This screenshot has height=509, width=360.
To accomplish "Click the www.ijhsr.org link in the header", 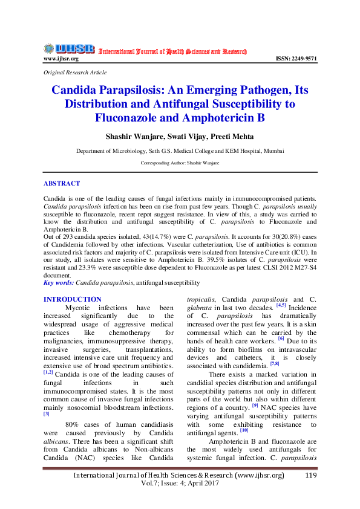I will (x=61, y=59).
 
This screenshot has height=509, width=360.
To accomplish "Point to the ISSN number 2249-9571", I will (x=296, y=59).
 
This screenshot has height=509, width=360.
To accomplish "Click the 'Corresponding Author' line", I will (x=180, y=163).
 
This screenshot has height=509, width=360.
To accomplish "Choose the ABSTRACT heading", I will (x=61, y=183).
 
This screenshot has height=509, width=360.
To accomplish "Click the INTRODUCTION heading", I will (x=73, y=299).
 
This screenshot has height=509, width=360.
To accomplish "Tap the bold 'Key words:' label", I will (x=58, y=282).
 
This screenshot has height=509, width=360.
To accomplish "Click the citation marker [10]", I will (x=244, y=430).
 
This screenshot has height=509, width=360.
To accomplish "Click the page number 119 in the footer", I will (x=311, y=476).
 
